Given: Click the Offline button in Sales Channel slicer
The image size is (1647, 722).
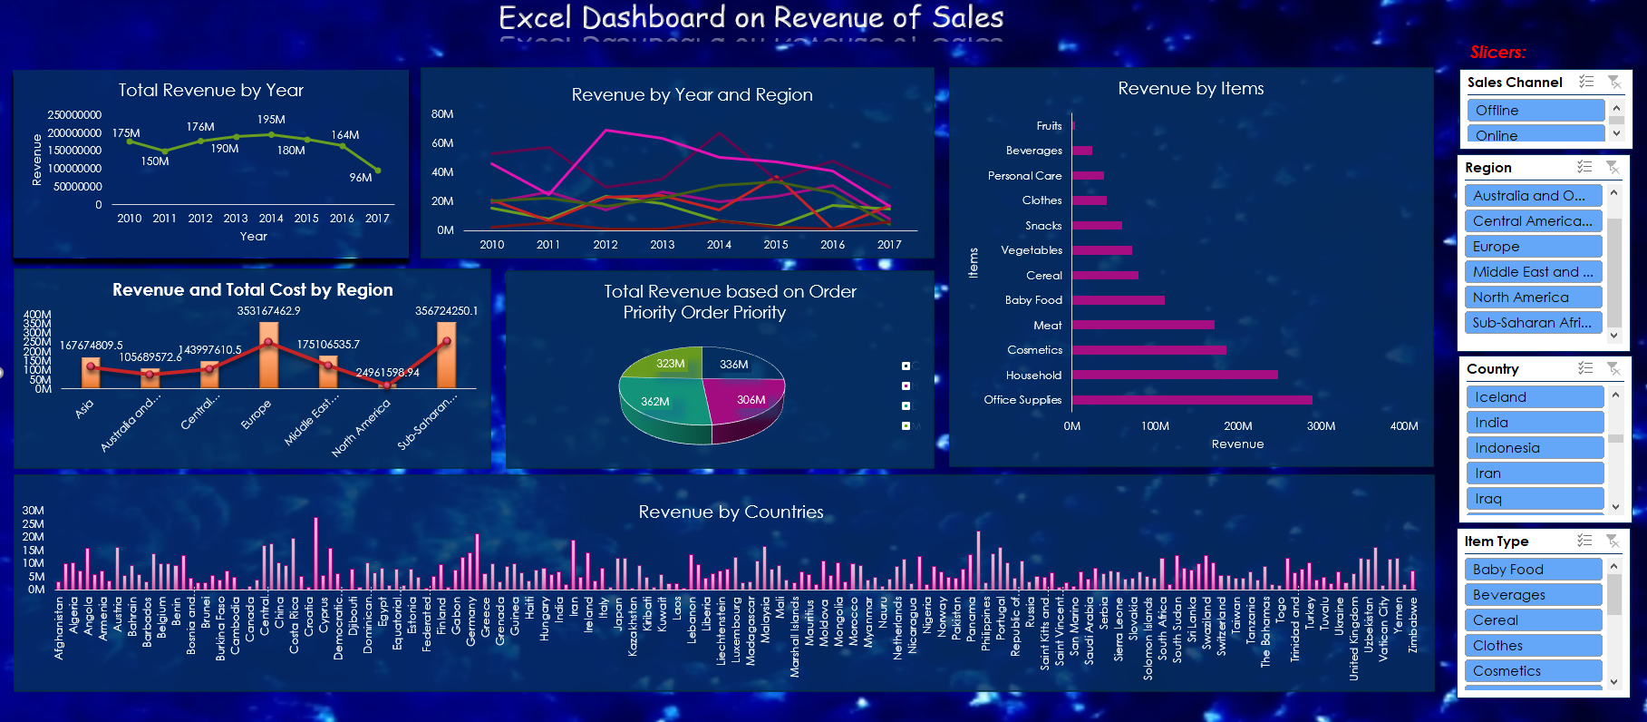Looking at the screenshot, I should pyautogui.click(x=1535, y=110).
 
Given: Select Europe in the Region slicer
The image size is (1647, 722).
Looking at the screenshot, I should pyautogui.click(x=1532, y=246).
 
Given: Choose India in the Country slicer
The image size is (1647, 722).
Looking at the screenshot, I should pyautogui.click(x=1534, y=423).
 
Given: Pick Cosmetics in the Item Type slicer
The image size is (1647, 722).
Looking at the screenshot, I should pyautogui.click(x=1532, y=671).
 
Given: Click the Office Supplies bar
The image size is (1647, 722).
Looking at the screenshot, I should pyautogui.click(x=1191, y=400).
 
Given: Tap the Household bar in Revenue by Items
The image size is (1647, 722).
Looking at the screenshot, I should pyautogui.click(x=1174, y=375).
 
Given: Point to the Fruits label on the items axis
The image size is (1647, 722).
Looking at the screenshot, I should pyautogui.click(x=1049, y=126).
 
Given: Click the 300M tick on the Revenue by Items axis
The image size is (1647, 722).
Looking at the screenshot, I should pyautogui.click(x=1321, y=426).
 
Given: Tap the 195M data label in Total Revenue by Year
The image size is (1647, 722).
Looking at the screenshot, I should pyautogui.click(x=271, y=120).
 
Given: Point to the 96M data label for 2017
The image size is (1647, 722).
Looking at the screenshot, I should pyautogui.click(x=361, y=178).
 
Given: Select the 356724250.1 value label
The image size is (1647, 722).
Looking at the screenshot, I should pyautogui.click(x=446, y=310).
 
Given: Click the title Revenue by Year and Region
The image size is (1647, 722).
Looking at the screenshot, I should pyautogui.click(x=692, y=94).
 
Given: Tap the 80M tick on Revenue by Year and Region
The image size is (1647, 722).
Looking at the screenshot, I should pyautogui.click(x=442, y=114).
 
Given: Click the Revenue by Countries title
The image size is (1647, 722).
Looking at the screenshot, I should pyautogui.click(x=731, y=512).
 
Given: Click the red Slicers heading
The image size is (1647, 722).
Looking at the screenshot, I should pyautogui.click(x=1497, y=53).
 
